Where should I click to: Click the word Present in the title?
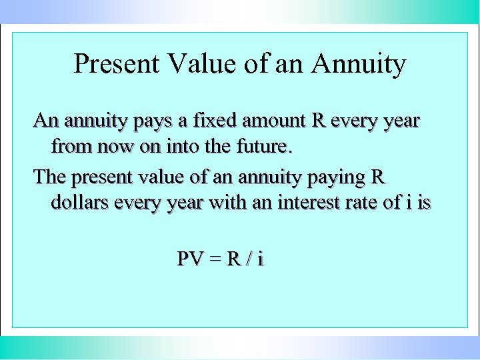pyautogui.click(x=116, y=64)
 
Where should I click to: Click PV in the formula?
pyautogui.click(x=190, y=259)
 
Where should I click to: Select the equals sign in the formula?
pyautogui.click(x=213, y=259)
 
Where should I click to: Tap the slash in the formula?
pyautogui.click(x=246, y=259)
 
